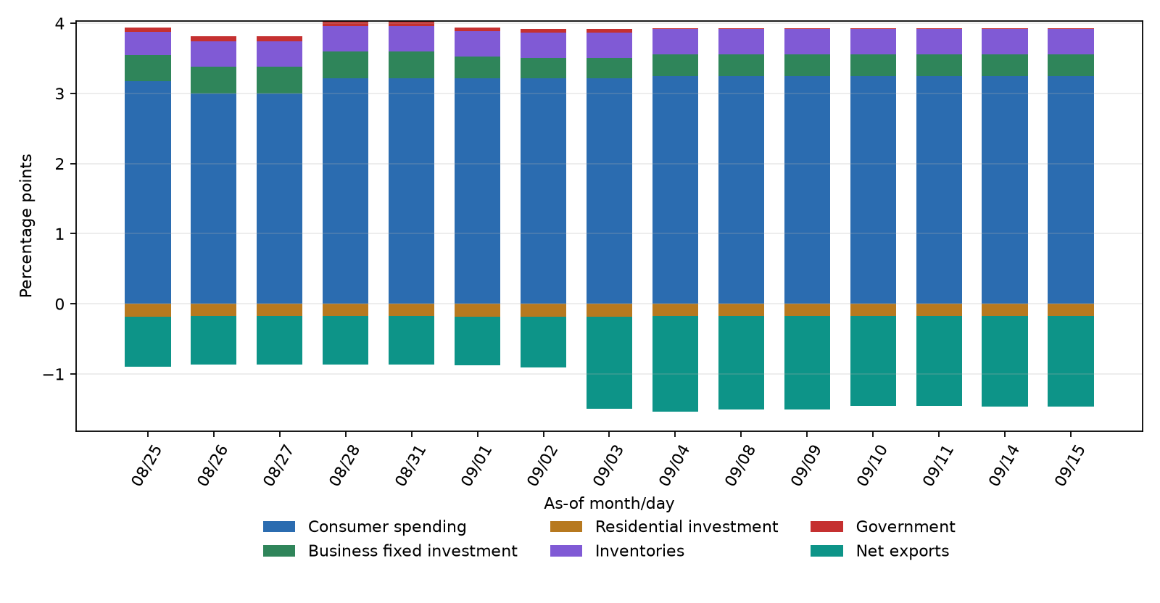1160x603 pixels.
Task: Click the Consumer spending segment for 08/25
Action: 148,192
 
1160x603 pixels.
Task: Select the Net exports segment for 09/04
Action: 675,364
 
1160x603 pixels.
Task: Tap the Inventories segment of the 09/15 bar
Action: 1071,42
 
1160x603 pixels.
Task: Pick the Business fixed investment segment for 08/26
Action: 213,80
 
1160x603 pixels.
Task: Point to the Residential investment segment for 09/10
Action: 873,310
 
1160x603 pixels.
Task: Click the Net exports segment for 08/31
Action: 412,340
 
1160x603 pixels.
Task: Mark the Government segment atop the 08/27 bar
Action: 280,39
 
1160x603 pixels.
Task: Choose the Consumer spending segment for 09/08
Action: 741,190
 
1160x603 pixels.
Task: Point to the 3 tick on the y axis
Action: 59,94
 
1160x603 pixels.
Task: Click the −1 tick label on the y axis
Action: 54,374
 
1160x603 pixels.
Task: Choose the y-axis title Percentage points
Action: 25,225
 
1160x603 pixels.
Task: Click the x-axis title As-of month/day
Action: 609,503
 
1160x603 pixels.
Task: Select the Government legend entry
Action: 883,527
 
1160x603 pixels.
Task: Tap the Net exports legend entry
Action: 880,551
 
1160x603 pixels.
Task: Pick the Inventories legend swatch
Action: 566,551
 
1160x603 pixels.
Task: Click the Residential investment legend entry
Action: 664,527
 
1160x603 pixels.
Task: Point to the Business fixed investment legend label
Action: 413,551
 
